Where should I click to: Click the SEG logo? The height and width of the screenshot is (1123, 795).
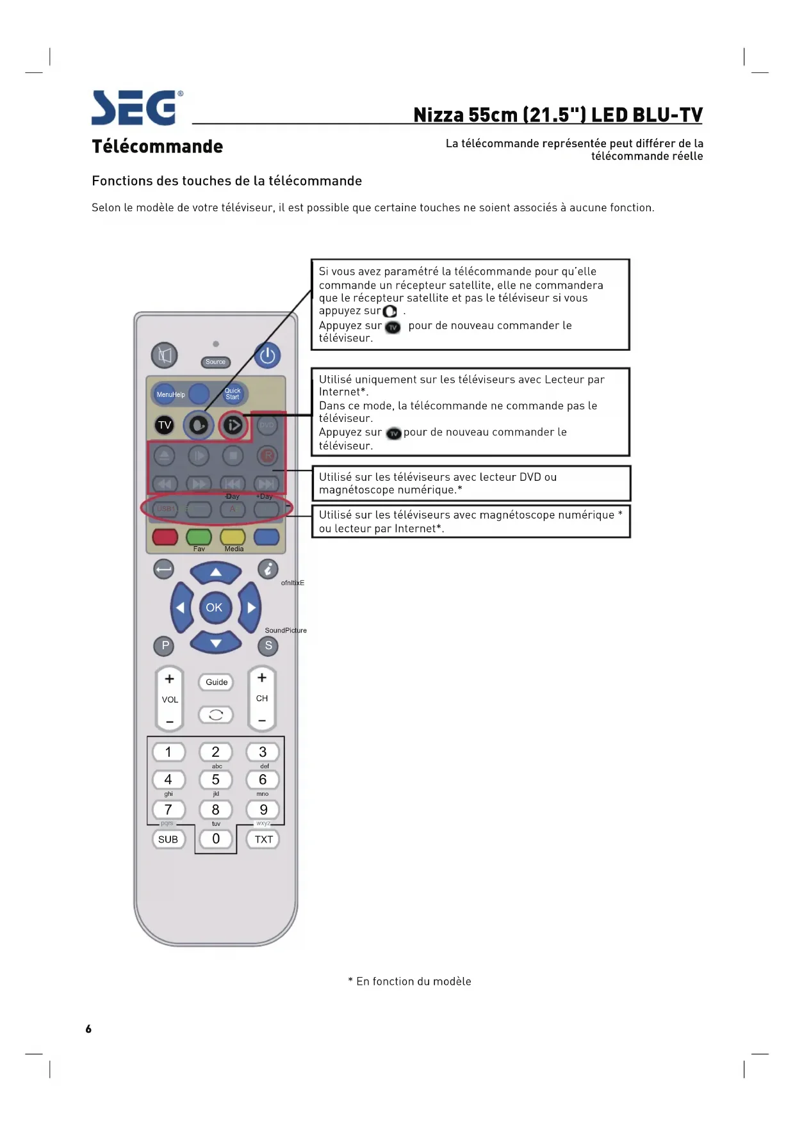pyautogui.click(x=136, y=108)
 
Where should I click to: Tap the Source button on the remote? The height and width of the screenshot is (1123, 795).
pyautogui.click(x=216, y=362)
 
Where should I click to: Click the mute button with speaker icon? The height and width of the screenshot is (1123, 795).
pyautogui.click(x=165, y=355)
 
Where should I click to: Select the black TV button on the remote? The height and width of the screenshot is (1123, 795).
pyautogui.click(x=165, y=425)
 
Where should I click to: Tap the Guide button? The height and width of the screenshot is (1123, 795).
pyautogui.click(x=217, y=682)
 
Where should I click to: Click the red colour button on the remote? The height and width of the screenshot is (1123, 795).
pyautogui.click(x=165, y=537)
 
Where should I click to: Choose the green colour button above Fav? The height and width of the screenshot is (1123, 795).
pyautogui.click(x=199, y=537)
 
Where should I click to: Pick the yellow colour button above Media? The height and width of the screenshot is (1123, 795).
pyautogui.click(x=233, y=537)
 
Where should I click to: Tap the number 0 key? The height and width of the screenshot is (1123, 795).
pyautogui.click(x=216, y=839)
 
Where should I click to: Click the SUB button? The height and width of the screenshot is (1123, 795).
pyautogui.click(x=168, y=839)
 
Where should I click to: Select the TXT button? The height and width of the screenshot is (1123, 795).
pyautogui.click(x=264, y=839)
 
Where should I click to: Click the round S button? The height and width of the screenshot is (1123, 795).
pyautogui.click(x=268, y=645)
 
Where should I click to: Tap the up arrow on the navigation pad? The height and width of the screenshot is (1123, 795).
pyautogui.click(x=216, y=572)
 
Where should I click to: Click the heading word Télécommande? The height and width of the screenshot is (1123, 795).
pyautogui.click(x=158, y=147)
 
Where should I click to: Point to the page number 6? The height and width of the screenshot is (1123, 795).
pyautogui.click(x=88, y=1029)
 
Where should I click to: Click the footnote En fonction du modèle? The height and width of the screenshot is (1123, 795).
pyautogui.click(x=410, y=982)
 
